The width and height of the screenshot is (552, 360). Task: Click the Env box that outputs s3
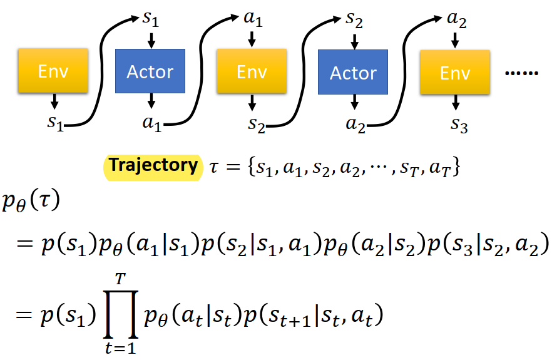tap(455, 72)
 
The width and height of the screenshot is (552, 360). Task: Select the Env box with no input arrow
tap(53, 71)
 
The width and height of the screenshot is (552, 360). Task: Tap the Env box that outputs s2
tap(252, 71)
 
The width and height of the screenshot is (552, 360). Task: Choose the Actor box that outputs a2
tap(353, 72)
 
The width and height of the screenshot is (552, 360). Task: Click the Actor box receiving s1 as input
tap(150, 71)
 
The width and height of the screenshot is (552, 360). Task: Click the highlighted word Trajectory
tap(153, 165)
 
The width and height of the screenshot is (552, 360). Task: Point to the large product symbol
tap(121, 314)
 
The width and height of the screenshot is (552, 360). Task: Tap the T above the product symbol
tap(120, 279)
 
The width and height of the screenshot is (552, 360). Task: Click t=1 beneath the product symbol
tap(120, 348)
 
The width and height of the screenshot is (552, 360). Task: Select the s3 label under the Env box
tap(459, 125)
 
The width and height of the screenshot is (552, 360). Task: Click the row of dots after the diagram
tap(522, 73)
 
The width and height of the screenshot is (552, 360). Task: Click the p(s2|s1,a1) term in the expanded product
tap(261, 244)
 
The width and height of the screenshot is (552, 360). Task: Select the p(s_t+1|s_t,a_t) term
tap(314, 316)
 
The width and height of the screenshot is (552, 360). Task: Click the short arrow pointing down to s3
tap(456, 102)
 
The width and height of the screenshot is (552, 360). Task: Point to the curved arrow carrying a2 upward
tap(404, 71)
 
